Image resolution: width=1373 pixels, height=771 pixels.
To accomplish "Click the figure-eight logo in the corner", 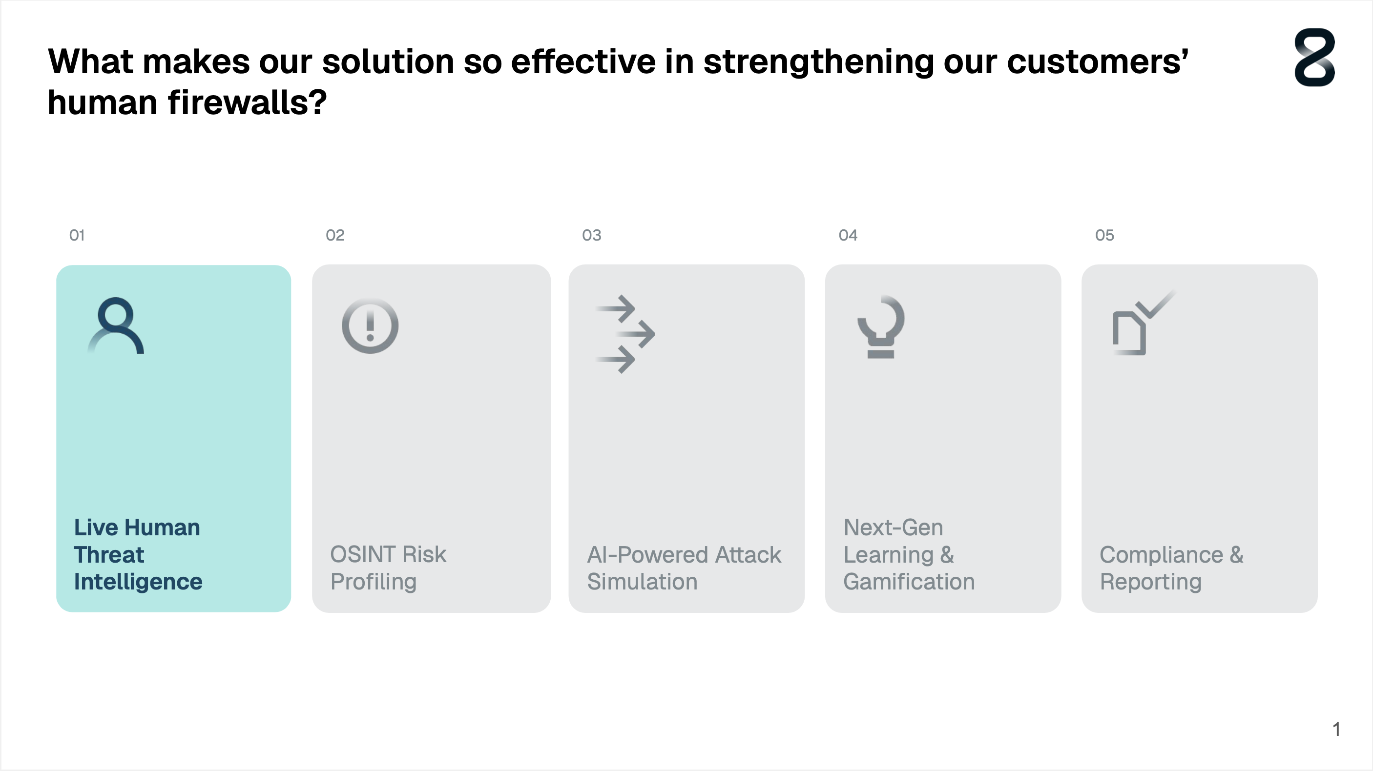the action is pos(1314,57).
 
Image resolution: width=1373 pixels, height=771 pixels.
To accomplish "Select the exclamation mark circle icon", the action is pos(370,325).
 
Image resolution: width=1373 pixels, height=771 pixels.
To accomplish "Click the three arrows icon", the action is pos(625,334).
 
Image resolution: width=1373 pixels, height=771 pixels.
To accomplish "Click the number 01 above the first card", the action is pos(77,235).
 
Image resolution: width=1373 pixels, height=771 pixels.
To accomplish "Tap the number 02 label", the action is pos(335,235).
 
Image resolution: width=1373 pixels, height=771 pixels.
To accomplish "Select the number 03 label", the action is pos(591,235).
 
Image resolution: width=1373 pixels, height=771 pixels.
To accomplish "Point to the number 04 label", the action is pos(848,235).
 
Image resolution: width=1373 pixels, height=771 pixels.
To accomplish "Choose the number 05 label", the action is pos(1104,235).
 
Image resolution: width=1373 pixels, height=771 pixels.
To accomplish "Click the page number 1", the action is pos(1336,729).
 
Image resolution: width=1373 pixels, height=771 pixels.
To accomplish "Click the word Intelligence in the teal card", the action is pos(138,582).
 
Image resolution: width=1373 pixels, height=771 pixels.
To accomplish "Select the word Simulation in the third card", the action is pos(642,581).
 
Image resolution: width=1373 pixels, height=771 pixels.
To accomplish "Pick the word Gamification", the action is pos(909,582).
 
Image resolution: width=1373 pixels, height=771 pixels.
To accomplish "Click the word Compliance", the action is pos(1162,555).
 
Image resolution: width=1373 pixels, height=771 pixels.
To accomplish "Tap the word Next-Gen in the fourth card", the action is pos(894,528).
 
